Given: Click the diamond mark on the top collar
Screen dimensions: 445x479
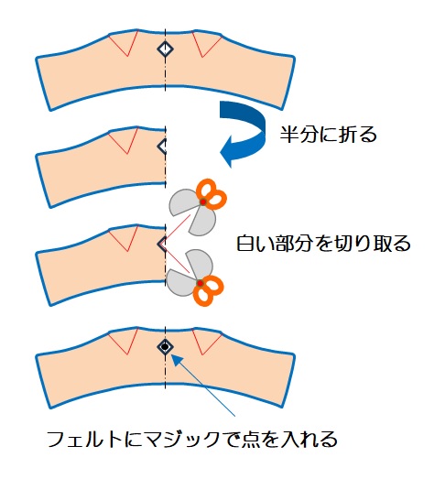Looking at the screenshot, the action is click(165, 49).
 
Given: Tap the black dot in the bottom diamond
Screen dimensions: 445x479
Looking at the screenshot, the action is click(165, 347).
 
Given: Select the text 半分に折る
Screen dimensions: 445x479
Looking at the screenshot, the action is click(329, 135).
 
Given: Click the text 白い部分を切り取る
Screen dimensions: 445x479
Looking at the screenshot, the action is click(323, 244).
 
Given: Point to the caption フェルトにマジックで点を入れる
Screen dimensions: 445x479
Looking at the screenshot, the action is click(192, 439).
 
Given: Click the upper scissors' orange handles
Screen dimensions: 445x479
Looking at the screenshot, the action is click(212, 194).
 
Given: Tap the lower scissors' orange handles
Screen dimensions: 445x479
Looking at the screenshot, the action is click(208, 290).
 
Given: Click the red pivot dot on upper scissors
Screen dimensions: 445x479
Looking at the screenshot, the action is click(203, 201).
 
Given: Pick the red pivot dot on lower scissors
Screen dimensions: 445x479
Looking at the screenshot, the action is click(200, 284).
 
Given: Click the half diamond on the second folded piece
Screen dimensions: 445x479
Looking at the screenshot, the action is click(161, 147).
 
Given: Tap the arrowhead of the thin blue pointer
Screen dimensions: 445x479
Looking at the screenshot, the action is click(175, 359).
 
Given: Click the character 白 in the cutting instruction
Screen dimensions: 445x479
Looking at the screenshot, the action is click(246, 244).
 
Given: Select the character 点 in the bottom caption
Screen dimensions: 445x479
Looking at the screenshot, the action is click(250, 439).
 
